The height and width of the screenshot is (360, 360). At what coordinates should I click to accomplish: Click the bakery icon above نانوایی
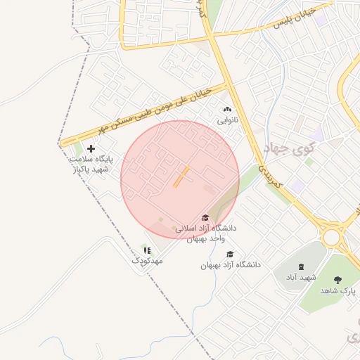[226, 110]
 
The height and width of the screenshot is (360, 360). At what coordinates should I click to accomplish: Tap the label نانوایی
[227, 121]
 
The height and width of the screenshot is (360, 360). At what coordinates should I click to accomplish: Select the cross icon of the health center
[90, 148]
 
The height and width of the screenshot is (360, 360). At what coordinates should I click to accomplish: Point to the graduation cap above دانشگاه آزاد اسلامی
[205, 218]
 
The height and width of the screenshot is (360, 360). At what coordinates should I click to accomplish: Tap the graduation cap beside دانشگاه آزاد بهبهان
[230, 255]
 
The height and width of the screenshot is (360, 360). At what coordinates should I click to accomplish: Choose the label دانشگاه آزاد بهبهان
[231, 265]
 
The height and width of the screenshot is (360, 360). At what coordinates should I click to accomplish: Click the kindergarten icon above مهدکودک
[147, 250]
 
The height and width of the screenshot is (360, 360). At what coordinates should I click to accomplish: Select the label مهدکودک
[147, 261]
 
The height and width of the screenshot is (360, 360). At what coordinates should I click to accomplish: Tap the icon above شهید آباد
[302, 266]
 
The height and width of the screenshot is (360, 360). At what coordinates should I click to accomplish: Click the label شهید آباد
[301, 278]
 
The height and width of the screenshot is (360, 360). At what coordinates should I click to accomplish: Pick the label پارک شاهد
[339, 290]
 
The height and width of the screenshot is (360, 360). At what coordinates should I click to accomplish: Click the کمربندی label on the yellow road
[269, 176]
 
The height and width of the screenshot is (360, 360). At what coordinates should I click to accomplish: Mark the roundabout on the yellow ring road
[331, 237]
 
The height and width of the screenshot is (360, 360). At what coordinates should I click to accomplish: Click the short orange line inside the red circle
[181, 176]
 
